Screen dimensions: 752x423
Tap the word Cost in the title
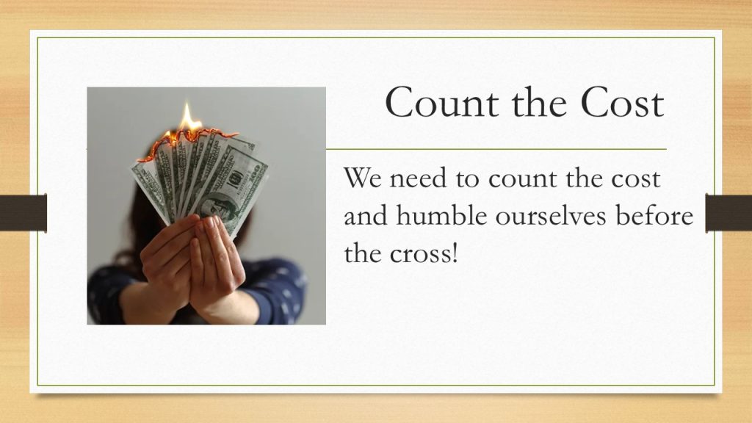pos(623,102)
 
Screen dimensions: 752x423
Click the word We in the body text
pos(363,178)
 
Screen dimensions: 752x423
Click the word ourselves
pos(551,217)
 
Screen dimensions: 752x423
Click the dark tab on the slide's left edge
pos(23,213)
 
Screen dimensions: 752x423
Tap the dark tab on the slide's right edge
pos(728,213)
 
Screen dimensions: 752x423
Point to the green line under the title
pos(496,149)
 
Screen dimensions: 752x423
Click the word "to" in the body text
pos(468,179)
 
